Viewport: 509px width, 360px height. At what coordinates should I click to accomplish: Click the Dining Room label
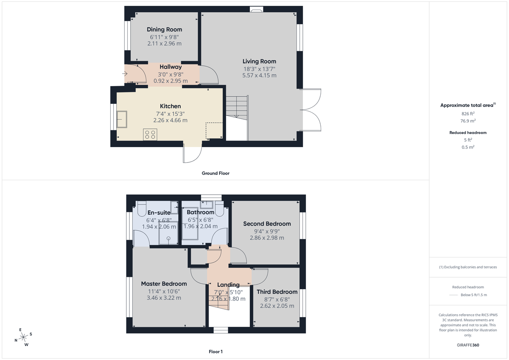tap(164, 29)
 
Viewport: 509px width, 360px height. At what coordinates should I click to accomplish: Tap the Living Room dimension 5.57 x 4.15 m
tap(259, 75)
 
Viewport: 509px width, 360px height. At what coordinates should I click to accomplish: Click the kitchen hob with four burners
tap(150, 134)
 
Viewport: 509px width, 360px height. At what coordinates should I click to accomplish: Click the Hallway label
tap(171, 67)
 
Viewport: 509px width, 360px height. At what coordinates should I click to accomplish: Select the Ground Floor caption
tap(215, 173)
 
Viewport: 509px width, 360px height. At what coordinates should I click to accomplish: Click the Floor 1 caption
tap(215, 352)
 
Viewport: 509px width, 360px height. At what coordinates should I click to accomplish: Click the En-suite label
tap(159, 212)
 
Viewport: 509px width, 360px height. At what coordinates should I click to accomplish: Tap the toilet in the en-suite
tap(142, 210)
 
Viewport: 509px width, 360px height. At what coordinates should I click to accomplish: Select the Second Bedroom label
tap(267, 223)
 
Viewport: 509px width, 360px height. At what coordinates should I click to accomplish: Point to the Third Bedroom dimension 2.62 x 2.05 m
tap(277, 306)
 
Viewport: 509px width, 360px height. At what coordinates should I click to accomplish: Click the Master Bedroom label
tap(164, 284)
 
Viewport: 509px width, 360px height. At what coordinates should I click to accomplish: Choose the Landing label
tap(228, 285)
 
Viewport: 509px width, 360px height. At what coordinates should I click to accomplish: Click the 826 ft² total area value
tap(468, 114)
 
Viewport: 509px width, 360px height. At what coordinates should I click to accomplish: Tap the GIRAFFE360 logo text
tap(468, 345)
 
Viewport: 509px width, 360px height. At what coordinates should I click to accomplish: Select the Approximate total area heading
tap(467, 105)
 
